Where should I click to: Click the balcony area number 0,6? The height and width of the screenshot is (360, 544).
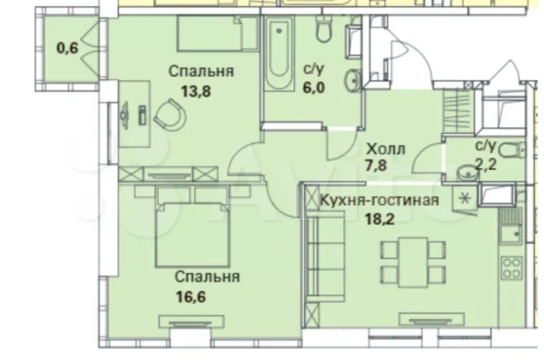tap(68, 48)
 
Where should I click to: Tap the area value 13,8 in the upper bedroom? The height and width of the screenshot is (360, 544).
tap(196, 92)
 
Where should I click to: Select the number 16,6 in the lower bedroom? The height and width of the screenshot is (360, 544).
tap(191, 296)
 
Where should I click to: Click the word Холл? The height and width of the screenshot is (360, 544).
tap(386, 149)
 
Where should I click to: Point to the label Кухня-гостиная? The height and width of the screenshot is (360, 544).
tap(379, 200)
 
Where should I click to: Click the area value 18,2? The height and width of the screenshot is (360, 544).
tap(379, 219)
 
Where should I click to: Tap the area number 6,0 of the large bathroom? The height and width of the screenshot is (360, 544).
tap(314, 88)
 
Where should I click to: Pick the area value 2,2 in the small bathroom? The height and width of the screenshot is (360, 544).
tap(486, 164)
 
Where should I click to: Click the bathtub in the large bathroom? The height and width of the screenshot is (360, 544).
tap(279, 54)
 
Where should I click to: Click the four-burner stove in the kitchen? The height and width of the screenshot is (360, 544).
tap(512, 268)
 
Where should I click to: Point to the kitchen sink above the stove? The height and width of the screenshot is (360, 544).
tap(511, 233)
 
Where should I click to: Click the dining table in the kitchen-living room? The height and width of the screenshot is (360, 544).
tap(413, 263)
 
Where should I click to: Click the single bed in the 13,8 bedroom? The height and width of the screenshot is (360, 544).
tap(217, 34)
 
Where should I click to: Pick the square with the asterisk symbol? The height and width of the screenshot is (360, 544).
tap(465, 199)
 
